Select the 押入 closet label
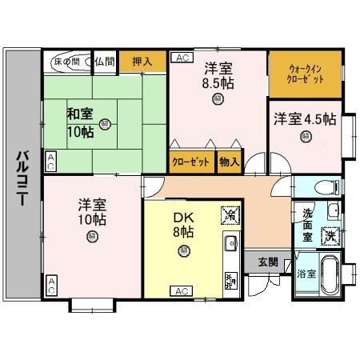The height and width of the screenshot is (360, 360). click(x=142, y=61)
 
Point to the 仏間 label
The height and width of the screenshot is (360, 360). click(x=104, y=61)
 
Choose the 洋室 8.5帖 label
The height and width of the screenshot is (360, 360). click(x=218, y=74)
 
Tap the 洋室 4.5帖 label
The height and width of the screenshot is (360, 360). click(x=305, y=119)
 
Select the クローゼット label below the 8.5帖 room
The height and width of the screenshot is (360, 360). click(x=192, y=162)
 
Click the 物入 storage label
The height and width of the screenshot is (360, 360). click(x=230, y=162)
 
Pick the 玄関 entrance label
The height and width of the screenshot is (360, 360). click(x=268, y=262)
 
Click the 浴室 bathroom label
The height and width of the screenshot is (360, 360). click(x=306, y=273)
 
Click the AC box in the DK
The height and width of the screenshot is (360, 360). click(x=181, y=290)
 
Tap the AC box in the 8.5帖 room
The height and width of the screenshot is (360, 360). click(x=180, y=58)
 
